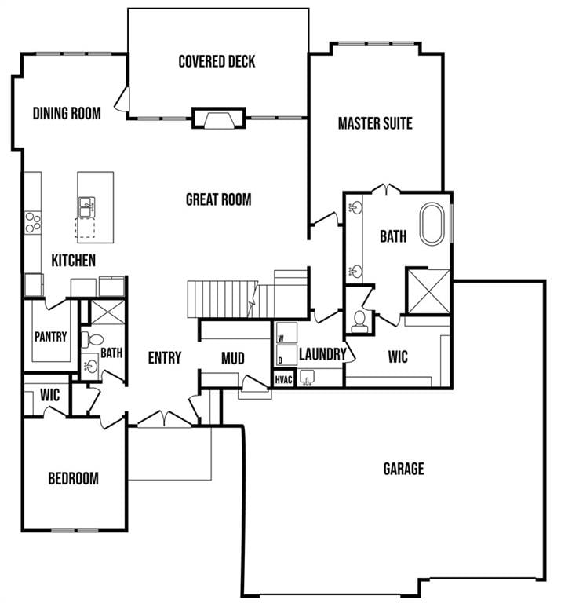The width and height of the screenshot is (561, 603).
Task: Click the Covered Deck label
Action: point(217,61)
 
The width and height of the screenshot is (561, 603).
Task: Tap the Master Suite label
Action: point(375,123)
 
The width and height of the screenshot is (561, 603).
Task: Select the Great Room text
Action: point(218,199)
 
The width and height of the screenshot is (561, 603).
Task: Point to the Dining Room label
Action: point(67,113)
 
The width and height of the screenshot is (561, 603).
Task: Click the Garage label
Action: point(403,469)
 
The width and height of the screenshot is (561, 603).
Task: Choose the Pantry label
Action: point(50,337)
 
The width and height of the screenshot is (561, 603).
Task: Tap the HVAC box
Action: point(283,379)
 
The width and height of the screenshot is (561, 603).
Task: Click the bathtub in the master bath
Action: point(433,225)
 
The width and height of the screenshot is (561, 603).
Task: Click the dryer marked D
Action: point(283,359)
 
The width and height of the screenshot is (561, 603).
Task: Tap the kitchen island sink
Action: point(87,207)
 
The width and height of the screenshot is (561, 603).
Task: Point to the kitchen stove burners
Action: point(32,222)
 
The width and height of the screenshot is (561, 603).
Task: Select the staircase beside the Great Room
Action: point(222,298)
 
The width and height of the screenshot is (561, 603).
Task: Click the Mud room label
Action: point(232,359)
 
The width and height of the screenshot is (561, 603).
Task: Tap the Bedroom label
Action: point(73,478)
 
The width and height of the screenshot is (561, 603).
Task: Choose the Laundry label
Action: point(322,355)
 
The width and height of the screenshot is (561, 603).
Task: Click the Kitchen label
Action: point(74,260)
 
